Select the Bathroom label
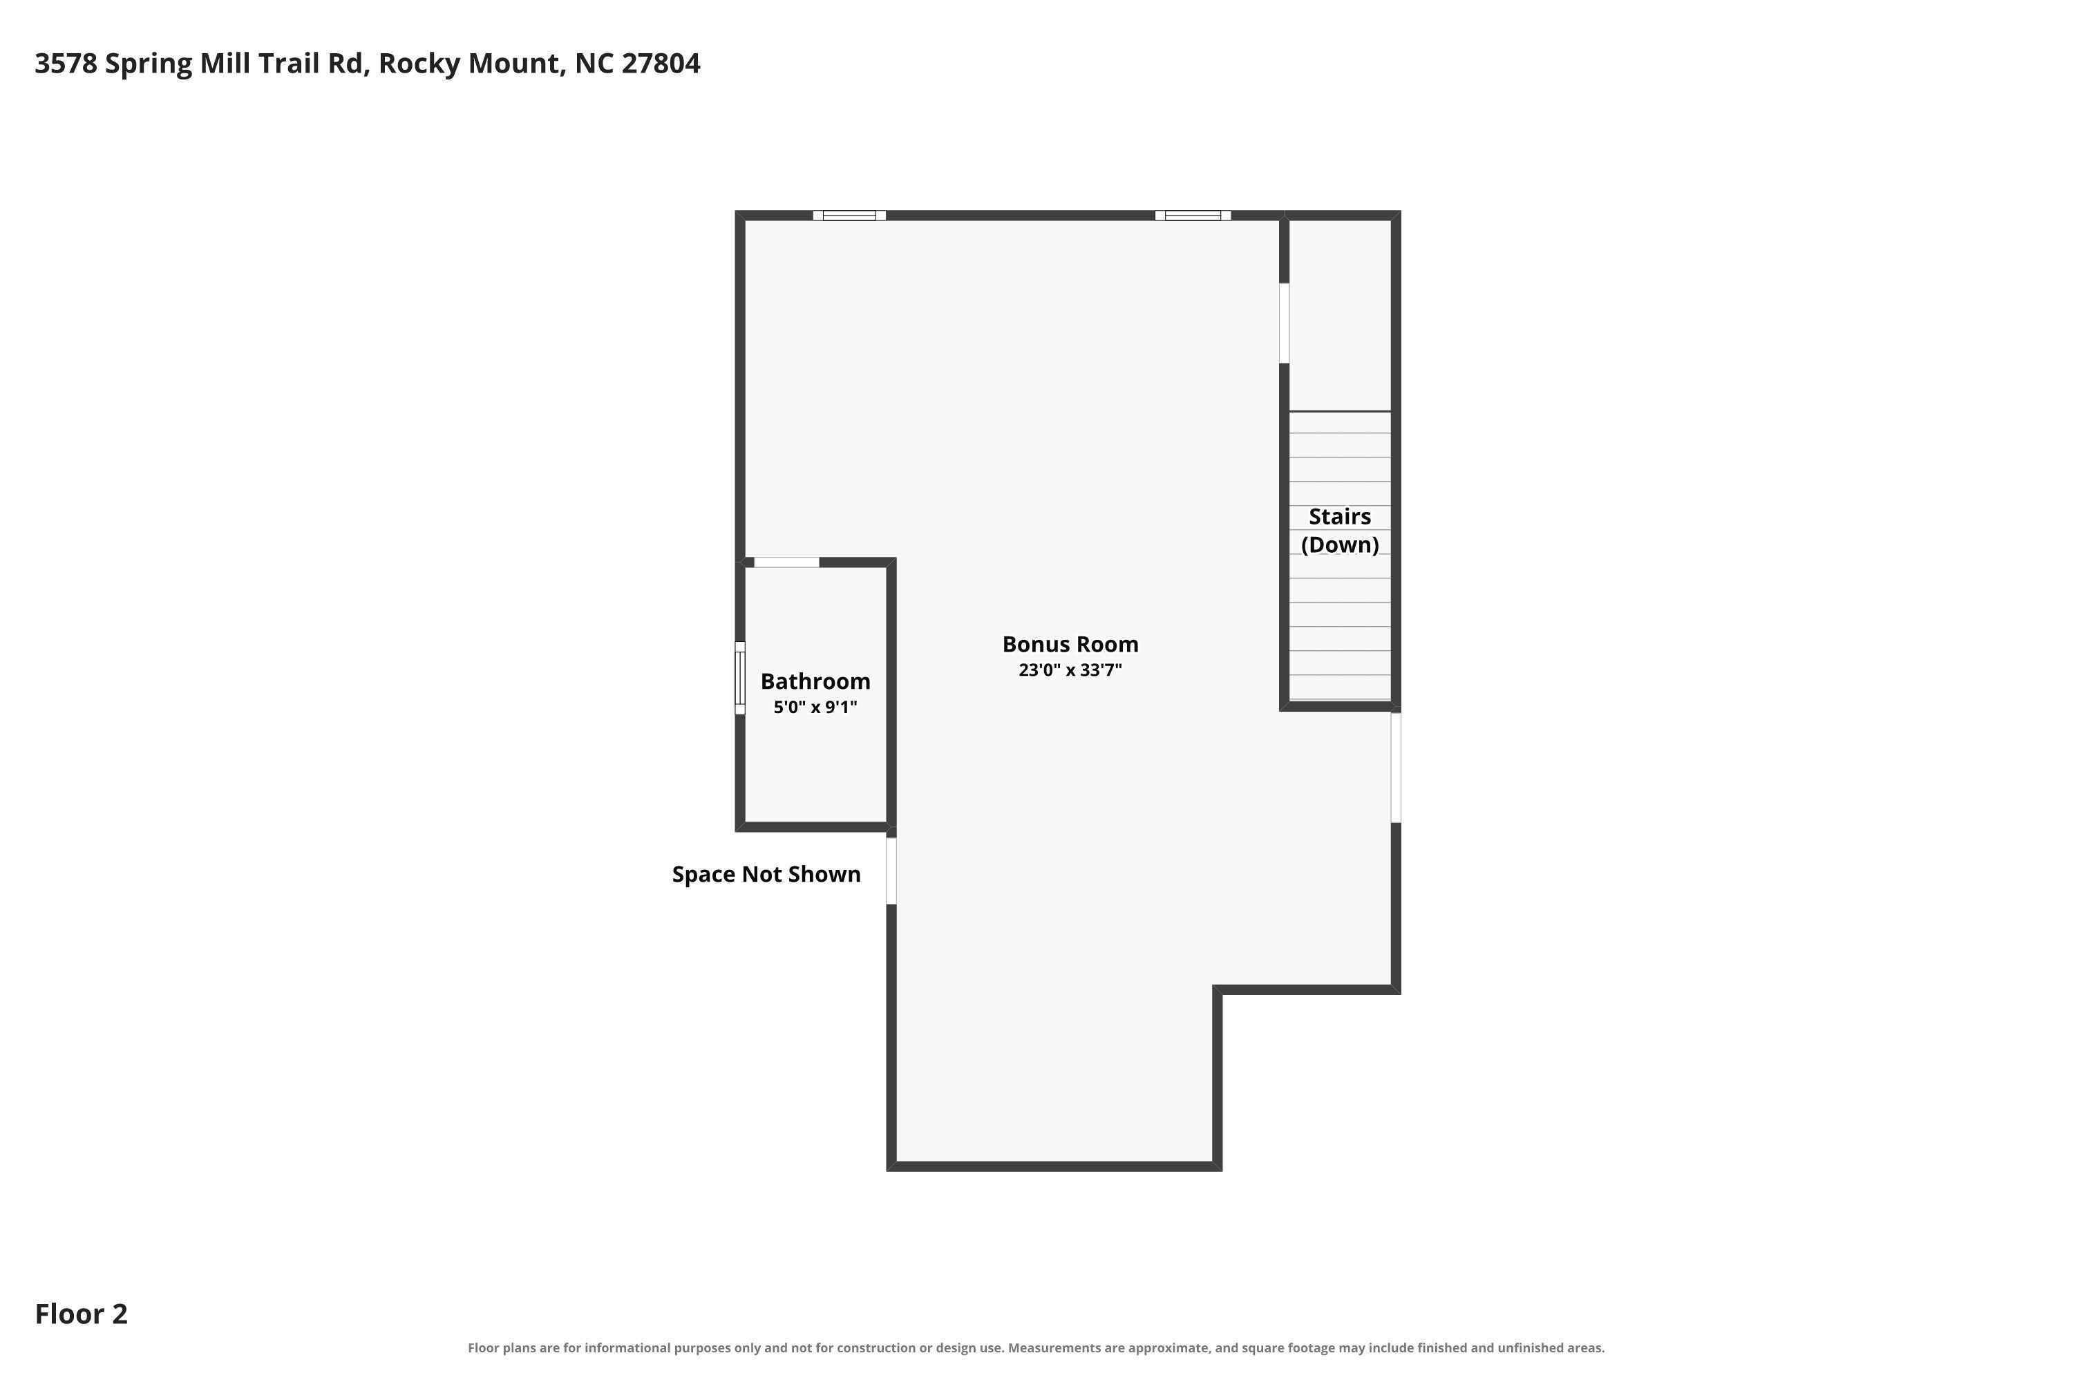coord(815,681)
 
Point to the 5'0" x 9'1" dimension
coord(815,707)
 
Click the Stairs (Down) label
coord(1340,531)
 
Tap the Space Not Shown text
coord(766,874)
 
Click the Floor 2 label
coord(81,1314)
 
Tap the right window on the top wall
coord(1193,215)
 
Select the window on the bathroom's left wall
coord(740,678)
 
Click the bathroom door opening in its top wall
coord(786,562)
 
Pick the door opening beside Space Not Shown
coord(891,871)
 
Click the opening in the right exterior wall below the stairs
coord(1396,768)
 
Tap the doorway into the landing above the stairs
coord(1284,323)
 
